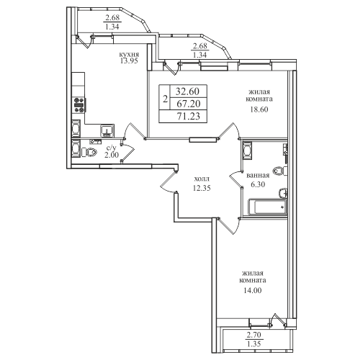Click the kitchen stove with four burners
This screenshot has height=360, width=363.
click(80, 105)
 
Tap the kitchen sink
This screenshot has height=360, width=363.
click(107, 130)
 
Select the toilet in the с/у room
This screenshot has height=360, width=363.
click(89, 152)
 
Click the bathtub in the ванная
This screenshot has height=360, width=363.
click(268, 207)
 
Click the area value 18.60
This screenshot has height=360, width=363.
click(259, 109)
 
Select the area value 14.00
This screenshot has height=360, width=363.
click(252, 291)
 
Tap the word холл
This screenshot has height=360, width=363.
click(202, 179)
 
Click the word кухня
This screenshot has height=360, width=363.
click(130, 55)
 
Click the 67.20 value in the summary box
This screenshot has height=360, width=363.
click(188, 104)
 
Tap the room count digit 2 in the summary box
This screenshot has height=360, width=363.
click(165, 99)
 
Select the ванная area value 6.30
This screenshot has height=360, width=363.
click(258, 184)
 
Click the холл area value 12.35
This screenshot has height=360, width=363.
click(202, 188)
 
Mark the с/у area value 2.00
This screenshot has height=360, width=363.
click(112, 155)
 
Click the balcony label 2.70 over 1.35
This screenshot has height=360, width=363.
click(254, 339)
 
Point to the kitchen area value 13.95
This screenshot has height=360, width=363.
click(130, 61)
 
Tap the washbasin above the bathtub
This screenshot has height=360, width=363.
click(283, 193)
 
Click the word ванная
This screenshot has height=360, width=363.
click(258, 176)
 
